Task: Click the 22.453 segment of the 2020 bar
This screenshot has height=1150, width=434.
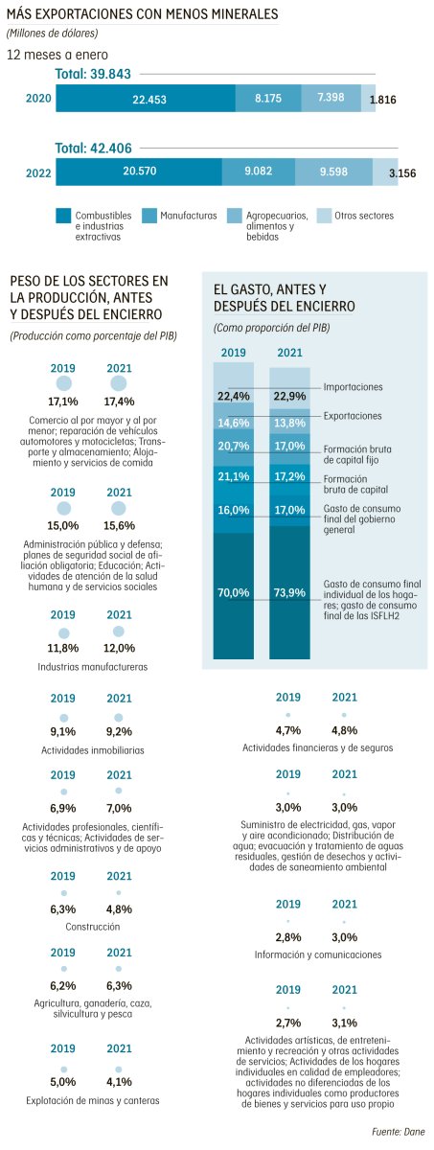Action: coord(146,98)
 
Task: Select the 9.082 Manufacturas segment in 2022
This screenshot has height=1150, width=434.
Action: coord(259,172)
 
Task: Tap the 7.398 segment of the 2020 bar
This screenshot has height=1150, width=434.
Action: coord(331,98)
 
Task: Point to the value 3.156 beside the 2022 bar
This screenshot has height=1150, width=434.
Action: coord(402,173)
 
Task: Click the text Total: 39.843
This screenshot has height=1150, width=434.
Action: coord(93,74)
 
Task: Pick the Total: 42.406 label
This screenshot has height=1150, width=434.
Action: coord(93,149)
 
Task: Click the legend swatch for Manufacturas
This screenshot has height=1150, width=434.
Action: coord(148,216)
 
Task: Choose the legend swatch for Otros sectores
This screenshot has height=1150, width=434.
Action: coord(323,216)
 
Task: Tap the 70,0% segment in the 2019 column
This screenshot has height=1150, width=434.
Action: coord(234,596)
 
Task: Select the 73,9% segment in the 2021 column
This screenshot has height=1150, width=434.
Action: coord(290,592)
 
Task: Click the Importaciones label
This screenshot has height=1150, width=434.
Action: coord(353,387)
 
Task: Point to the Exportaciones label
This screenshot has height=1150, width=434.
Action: coord(353,416)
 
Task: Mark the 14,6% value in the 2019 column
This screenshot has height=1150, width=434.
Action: coord(234,423)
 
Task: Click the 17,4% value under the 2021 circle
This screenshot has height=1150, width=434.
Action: coord(119,402)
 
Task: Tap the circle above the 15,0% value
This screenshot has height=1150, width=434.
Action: coord(63,508)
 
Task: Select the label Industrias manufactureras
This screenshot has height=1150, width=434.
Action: coord(92,667)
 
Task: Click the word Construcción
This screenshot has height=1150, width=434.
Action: coord(92,927)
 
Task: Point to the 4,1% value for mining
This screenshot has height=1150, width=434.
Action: coord(119,1082)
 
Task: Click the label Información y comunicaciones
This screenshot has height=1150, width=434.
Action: coord(318,954)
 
